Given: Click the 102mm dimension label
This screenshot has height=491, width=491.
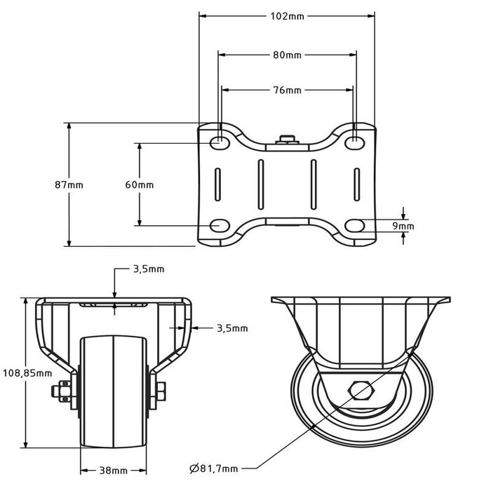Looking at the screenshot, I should coord(286,18).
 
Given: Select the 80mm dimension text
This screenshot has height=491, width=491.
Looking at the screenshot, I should coord(286,55).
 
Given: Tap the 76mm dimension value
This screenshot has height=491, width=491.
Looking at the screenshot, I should coord(286,90).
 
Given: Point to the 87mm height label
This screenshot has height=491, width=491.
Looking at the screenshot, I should coord(69,185).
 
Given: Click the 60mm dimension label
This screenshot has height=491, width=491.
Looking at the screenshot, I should coord(139,185).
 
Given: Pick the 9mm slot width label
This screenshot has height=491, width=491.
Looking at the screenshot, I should coord(403,226).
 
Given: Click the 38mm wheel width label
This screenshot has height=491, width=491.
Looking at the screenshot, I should coord(114,470).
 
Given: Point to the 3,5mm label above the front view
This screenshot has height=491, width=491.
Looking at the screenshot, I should coord(149,269).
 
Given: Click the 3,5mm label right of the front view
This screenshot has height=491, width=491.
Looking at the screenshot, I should coord(231,328).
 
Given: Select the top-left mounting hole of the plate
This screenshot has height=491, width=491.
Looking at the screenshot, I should coord(220,142).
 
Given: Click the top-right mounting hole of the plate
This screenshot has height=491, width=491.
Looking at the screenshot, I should coord(355,142).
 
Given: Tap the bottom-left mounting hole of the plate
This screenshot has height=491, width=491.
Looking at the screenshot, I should coord(220,225).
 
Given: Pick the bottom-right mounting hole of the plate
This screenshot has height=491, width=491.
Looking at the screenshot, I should coord(355,225).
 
